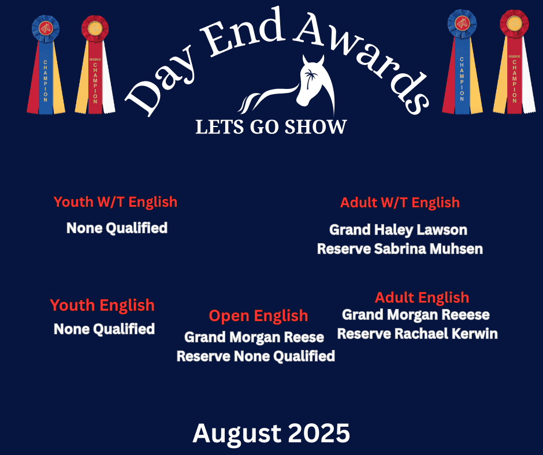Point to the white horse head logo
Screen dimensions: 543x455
coord(288,85)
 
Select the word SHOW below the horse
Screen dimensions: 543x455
coord(315,126)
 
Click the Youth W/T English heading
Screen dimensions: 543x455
coord(116,202)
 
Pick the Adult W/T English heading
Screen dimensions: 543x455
coord(400,202)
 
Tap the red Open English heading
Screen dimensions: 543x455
coord(258,315)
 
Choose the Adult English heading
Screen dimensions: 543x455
coord(422,297)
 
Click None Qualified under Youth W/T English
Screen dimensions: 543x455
coord(117,228)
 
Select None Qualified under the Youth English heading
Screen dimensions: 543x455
coord(104,329)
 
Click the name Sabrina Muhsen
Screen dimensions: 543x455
coord(429,249)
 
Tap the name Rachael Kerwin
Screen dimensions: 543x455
coord(446,334)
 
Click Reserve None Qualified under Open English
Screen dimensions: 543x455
coord(256,356)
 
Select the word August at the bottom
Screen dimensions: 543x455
coord(236,434)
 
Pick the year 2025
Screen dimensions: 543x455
coord(319,433)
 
